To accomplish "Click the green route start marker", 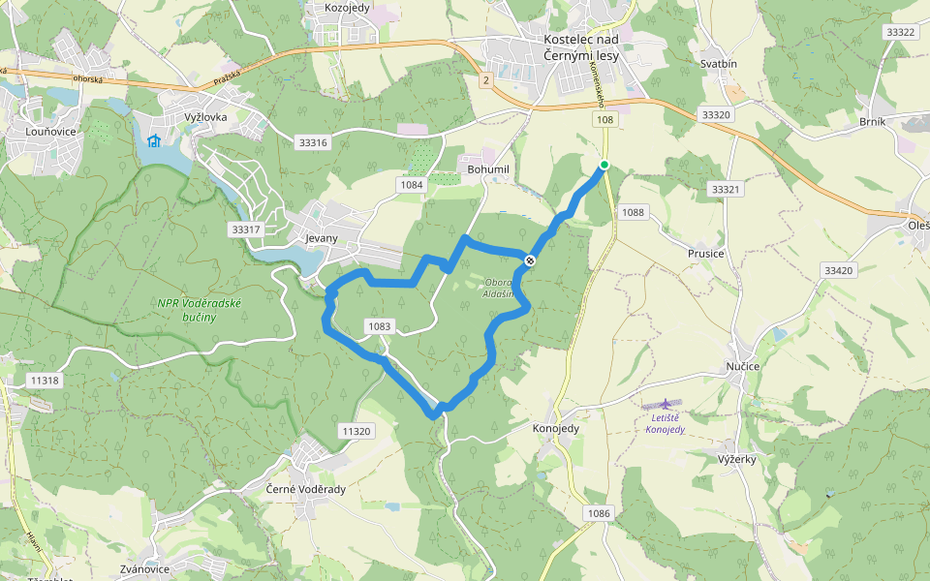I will click(604, 165).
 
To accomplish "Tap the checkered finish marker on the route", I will click(530, 260).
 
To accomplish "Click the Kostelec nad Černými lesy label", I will click(580, 47).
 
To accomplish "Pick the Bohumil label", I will click(487, 168).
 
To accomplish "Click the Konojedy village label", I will click(556, 427).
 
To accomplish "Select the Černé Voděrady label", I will click(305, 489).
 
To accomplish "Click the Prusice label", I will click(706, 254).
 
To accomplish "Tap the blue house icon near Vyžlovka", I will click(153, 140).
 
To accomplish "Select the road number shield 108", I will click(604, 119).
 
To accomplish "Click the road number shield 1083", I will click(380, 327).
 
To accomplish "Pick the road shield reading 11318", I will click(45, 381).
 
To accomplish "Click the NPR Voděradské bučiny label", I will click(201, 310).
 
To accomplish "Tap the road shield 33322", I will click(899, 32).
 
